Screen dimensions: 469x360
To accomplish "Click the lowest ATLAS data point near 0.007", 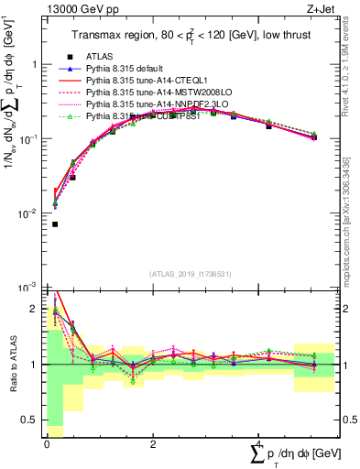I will tap(55, 224).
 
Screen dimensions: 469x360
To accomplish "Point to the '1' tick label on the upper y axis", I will tap(36, 65).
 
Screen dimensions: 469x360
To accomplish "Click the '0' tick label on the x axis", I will tap(47, 444).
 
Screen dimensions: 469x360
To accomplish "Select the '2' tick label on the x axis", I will tap(153, 444).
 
